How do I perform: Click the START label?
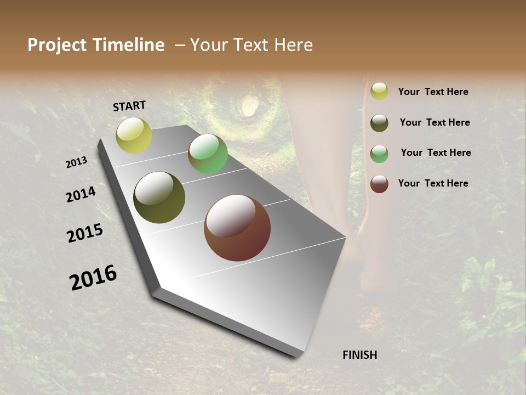point(129,106)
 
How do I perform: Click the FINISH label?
point(359,355)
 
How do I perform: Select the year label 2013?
point(77,162)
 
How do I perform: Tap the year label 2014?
point(81,194)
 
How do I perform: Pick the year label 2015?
point(85,233)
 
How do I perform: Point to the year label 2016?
point(93,278)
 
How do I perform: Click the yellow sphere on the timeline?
point(134,136)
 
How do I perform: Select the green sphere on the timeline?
point(208,154)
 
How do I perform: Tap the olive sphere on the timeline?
point(159,198)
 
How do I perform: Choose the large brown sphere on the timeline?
point(237,228)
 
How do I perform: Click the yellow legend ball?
point(379,92)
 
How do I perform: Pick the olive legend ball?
point(379,123)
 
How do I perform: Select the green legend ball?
point(379,154)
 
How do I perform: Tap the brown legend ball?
point(379,184)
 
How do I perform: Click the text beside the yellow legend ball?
point(433,92)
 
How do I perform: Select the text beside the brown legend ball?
point(433,183)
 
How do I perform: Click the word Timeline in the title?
point(129,45)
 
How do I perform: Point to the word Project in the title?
point(58,45)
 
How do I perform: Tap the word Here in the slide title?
point(293,45)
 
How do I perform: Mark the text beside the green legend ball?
point(436,153)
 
